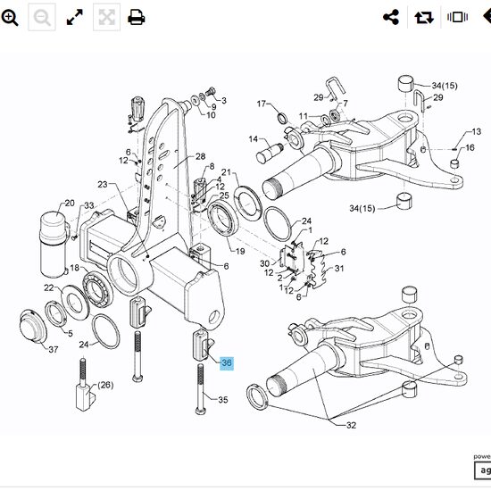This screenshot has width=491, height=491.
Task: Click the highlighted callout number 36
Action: [x=227, y=363]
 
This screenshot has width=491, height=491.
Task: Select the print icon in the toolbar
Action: [x=136, y=17]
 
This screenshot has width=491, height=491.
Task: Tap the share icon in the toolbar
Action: [x=390, y=17]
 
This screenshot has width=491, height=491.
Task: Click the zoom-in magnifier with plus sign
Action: [x=11, y=17]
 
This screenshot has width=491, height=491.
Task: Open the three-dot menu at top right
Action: [x=483, y=17]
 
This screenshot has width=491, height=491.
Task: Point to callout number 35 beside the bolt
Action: [x=223, y=399]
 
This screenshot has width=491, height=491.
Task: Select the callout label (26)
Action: [x=105, y=385]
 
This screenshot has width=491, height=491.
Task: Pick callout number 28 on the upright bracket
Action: [x=200, y=156]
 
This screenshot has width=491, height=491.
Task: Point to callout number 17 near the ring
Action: [x=262, y=104]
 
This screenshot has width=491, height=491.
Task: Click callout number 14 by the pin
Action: [x=253, y=139]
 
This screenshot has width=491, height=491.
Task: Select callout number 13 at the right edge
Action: [x=476, y=131]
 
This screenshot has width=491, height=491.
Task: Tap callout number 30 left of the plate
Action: [x=264, y=263]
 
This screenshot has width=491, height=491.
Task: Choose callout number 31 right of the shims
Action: [x=338, y=268]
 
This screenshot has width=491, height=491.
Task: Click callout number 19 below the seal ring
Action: [x=239, y=253]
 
